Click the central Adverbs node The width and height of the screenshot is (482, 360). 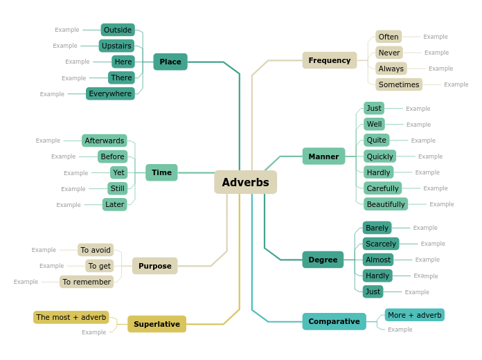coord(245,182)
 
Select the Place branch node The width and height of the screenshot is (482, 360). coord(170,62)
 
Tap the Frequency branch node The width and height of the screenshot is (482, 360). coord(330,60)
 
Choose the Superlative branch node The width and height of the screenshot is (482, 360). coord(157,324)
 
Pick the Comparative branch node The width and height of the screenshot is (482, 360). coord(334,321)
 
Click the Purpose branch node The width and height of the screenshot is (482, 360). coord(154,266)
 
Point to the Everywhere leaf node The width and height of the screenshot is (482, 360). coord(110,93)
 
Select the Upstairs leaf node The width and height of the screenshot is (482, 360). coord(116,46)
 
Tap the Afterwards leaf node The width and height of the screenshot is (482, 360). coord(105,141)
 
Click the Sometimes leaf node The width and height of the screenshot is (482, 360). coord(399,84)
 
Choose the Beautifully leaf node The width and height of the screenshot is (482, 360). coord(386,204)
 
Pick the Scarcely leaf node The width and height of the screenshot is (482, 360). coord(381,244)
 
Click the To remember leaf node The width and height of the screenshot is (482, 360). coord(87,282)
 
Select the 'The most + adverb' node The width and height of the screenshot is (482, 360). coord(71,317)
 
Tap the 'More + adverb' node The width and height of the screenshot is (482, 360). coord(415,315)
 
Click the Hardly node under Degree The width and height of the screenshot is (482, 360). coord(378,276)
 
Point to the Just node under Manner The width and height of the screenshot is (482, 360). coord(374,108)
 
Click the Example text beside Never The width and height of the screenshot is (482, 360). coord(436,53)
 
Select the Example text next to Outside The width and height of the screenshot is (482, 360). coord(67,30)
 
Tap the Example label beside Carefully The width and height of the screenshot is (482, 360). coord(436,188)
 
